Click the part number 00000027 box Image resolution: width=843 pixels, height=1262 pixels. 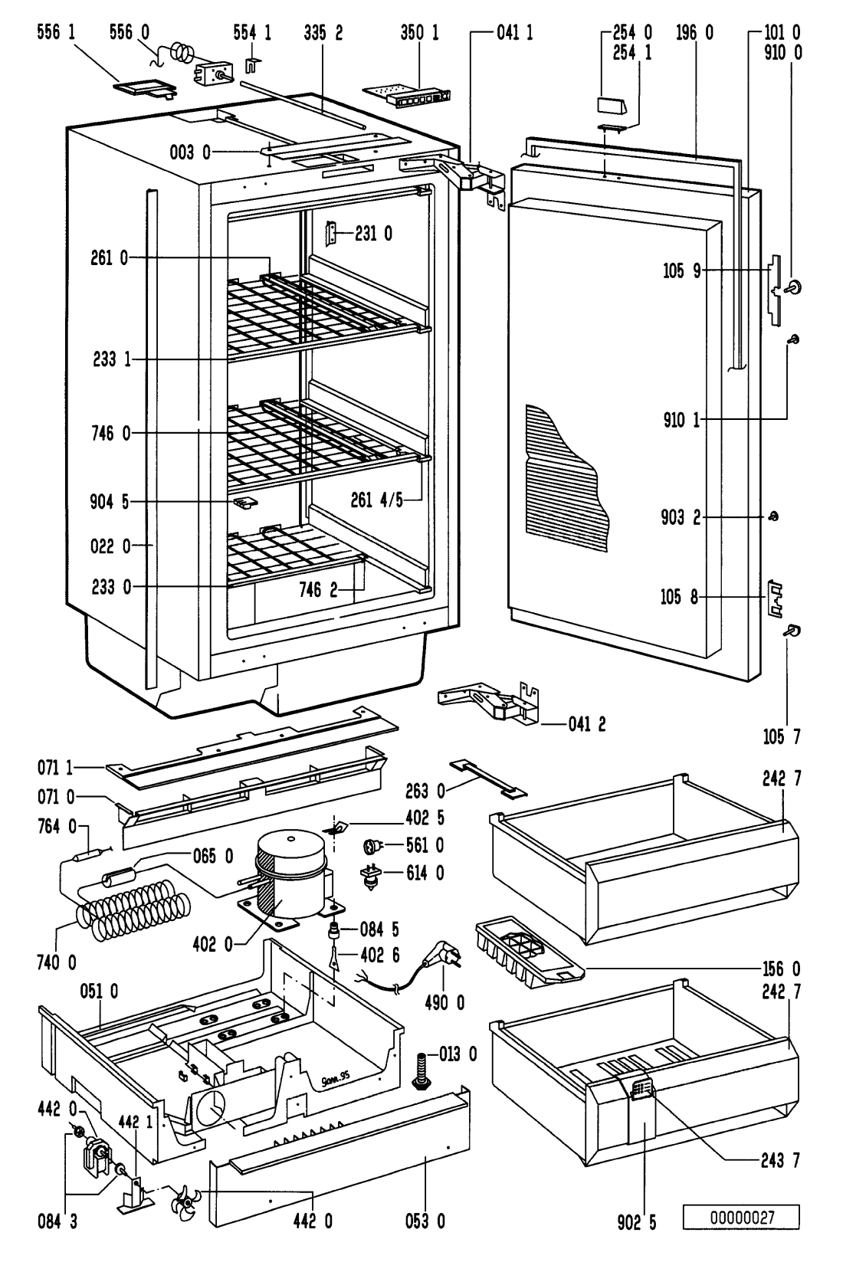pos(741,1217)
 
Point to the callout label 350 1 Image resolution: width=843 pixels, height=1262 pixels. pos(419,33)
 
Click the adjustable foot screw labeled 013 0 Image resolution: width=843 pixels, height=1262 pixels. pos(421,1067)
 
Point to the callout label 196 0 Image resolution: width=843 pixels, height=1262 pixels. pos(695,33)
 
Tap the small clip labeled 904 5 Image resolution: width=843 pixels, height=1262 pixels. pos(243,503)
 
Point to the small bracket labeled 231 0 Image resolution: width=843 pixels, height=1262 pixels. pos(333,234)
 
